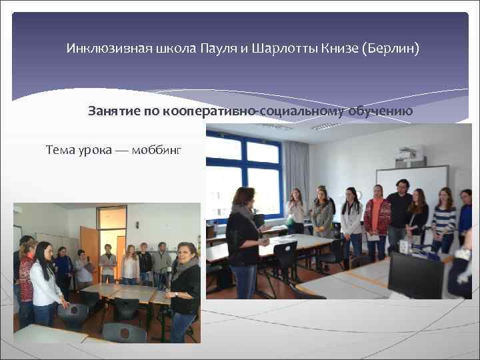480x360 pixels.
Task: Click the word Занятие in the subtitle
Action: tap(113, 111)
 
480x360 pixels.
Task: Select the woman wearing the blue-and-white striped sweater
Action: tap(443, 220)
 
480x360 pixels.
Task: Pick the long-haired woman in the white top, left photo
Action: tap(43, 280)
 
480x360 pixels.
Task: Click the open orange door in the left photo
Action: tap(89, 240)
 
